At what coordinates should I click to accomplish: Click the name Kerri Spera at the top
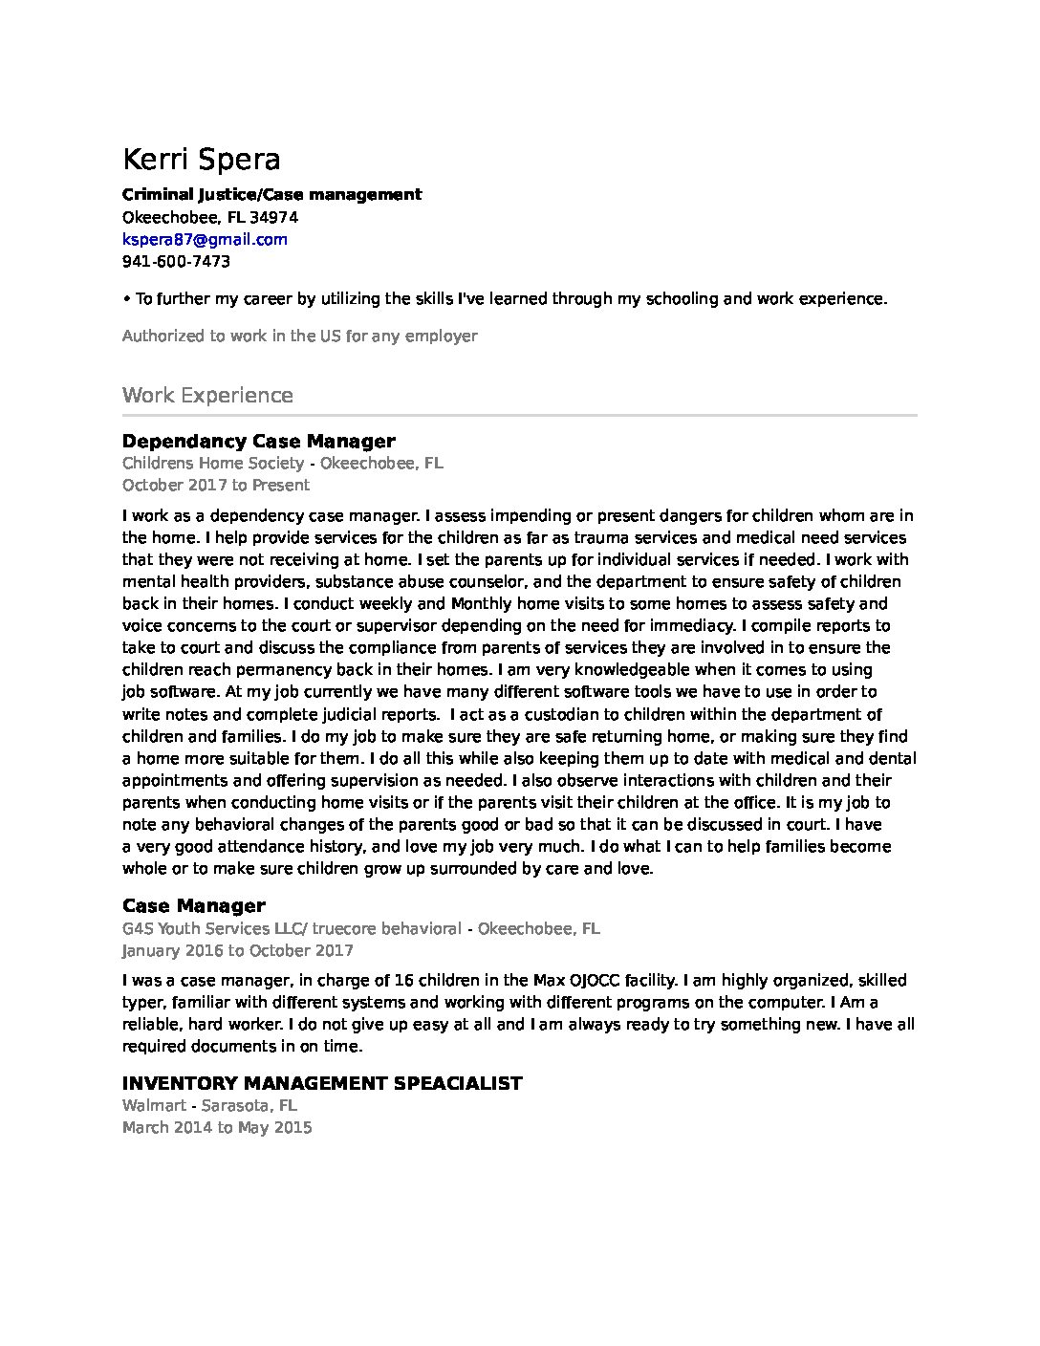[202, 159]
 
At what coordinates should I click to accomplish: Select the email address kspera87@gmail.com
[205, 239]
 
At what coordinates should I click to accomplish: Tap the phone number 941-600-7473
[176, 261]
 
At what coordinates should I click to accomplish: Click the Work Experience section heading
[207, 395]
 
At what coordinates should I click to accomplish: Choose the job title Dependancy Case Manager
[258, 441]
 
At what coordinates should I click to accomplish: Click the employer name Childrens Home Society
[212, 463]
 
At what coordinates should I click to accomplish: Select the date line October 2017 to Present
[216, 485]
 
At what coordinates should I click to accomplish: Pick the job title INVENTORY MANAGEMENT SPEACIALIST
[322, 1083]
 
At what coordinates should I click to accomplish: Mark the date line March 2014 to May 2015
[217, 1127]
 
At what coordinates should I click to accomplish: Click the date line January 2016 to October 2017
[237, 950]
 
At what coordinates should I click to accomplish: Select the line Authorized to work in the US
[299, 336]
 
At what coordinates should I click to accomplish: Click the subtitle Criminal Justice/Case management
[271, 194]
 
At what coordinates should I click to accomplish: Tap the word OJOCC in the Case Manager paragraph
[594, 980]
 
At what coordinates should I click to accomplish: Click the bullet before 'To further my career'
[126, 298]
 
